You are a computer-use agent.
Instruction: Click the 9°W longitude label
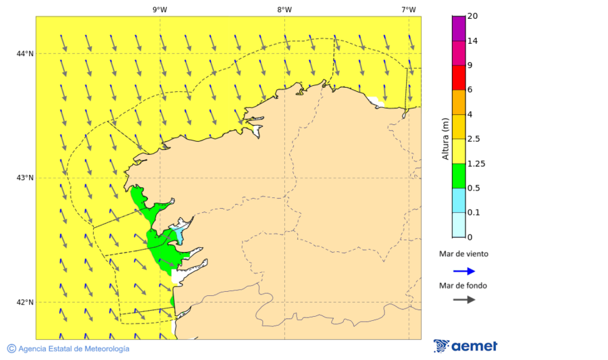(159, 9)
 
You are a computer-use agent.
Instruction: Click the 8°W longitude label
(284, 9)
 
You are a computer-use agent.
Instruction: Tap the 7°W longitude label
(409, 9)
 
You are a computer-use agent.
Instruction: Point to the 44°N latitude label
(25, 54)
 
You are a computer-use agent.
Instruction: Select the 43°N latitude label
(25, 178)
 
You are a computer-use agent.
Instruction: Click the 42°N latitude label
(25, 302)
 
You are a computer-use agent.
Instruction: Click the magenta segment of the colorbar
(459, 28)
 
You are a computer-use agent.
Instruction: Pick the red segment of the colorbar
(459, 78)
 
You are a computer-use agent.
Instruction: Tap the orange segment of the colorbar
(459, 102)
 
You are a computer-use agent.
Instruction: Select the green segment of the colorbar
(459, 176)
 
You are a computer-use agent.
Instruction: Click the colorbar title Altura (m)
(445, 138)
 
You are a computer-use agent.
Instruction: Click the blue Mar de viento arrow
(463, 271)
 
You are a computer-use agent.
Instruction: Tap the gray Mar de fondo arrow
(463, 299)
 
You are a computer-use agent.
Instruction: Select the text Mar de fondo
(463, 286)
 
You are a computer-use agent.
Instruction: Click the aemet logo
(465, 346)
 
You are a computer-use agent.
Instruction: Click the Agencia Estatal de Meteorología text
(73, 349)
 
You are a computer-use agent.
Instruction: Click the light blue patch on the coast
(178, 234)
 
